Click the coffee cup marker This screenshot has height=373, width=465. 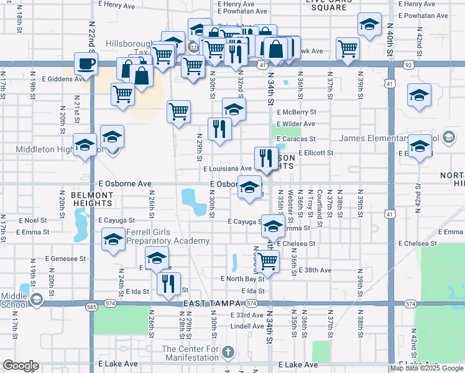click(x=86, y=63)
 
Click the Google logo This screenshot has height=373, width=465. click(x=21, y=366)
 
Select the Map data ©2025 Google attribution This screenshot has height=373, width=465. click(x=426, y=368)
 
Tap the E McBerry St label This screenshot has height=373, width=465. click(x=299, y=112)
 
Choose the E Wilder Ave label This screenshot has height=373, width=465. click(x=298, y=124)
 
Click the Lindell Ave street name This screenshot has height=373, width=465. click(x=247, y=326)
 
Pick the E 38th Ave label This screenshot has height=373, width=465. click(x=315, y=270)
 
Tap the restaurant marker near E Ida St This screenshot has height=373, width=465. click(x=168, y=284)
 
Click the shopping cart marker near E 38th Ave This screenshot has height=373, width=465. click(x=267, y=262)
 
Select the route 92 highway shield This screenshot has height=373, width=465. click(x=408, y=64)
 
